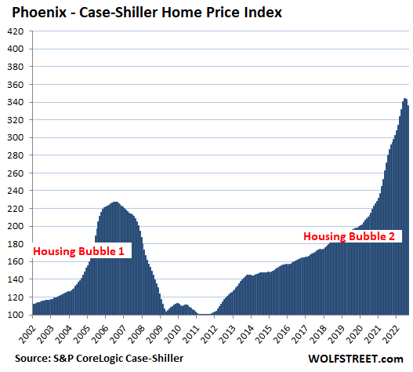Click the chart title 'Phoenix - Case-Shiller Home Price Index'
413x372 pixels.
click(x=147, y=13)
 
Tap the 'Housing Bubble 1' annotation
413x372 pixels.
click(x=78, y=251)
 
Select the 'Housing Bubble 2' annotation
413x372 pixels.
click(x=349, y=236)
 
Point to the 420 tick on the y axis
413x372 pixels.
click(x=16, y=31)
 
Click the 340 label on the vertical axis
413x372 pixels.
click(x=16, y=102)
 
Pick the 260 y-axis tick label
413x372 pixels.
click(x=16, y=173)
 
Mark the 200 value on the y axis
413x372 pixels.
click(x=16, y=226)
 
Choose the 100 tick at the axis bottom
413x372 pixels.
click(x=16, y=315)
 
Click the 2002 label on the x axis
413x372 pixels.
click(x=28, y=334)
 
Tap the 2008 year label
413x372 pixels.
click(x=137, y=334)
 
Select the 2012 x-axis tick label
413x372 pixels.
click(x=210, y=334)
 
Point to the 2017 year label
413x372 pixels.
click(x=301, y=334)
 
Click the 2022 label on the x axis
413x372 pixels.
click(x=392, y=334)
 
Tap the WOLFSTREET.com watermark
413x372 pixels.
click(x=356, y=359)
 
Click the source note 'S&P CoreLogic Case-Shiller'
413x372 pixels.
click(x=118, y=359)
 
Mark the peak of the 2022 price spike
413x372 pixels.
click(x=405, y=99)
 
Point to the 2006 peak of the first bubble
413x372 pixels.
click(x=115, y=202)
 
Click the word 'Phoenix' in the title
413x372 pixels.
click(x=39, y=13)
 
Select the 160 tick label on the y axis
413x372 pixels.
click(x=16, y=261)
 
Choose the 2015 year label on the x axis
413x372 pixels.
click(x=264, y=334)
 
